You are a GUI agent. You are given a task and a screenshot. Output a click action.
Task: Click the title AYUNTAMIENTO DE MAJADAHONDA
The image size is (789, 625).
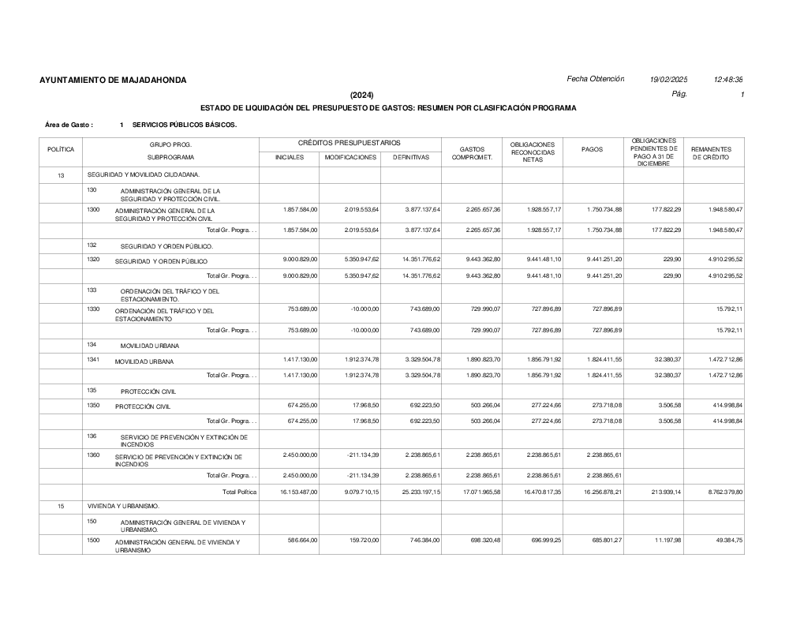pos(113,80)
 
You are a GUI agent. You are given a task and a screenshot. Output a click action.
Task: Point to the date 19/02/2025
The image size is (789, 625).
pos(668,80)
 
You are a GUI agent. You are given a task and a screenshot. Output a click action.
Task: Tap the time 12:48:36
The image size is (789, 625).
pos(728,80)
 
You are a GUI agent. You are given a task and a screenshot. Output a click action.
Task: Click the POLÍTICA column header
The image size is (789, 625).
pos(61,150)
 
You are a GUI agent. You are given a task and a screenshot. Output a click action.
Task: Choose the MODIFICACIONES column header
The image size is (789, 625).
pos(350,158)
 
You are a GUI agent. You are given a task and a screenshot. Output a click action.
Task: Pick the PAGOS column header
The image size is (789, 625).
pos(593,150)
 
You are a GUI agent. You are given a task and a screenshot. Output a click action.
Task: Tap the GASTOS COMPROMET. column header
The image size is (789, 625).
pos(472,153)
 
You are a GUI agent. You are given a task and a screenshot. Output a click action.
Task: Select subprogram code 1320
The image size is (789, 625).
pos(93,260)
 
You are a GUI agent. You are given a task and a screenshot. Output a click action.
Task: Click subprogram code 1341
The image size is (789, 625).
pos(93,360)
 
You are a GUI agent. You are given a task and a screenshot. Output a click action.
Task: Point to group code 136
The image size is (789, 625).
pos(92,436)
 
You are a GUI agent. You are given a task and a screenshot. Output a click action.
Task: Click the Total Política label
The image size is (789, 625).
pos(240,492)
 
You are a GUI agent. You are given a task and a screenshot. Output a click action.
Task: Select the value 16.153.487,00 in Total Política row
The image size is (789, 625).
pos(296,492)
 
